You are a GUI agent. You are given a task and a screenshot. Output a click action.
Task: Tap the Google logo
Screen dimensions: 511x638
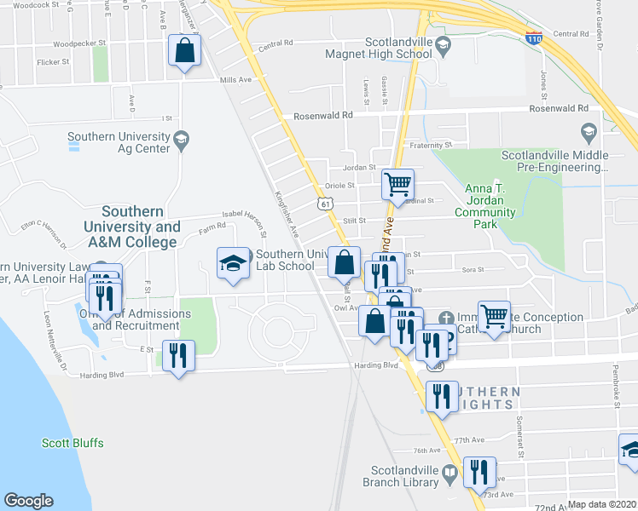click(28, 501)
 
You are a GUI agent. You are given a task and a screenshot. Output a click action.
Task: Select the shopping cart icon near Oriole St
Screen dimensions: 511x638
click(397, 182)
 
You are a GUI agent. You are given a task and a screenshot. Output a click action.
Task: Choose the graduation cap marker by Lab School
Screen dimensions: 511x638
click(233, 263)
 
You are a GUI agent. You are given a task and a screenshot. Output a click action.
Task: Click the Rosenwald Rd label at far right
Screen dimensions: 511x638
click(559, 108)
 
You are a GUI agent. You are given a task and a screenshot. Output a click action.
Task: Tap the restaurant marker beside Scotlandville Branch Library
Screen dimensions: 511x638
click(479, 471)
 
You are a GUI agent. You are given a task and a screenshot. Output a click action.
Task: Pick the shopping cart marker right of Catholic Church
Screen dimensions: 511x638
click(495, 316)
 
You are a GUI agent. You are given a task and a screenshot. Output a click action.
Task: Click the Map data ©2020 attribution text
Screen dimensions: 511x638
click(602, 504)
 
